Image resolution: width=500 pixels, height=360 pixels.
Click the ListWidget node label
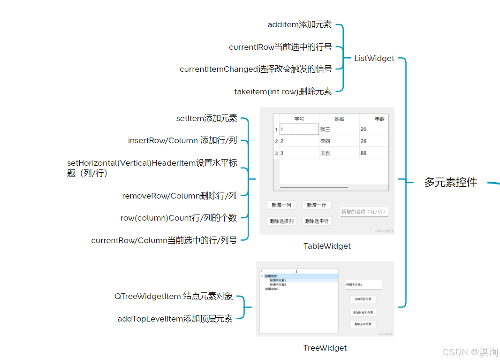tap(374, 58)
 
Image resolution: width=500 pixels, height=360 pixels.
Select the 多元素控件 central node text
tap(450, 183)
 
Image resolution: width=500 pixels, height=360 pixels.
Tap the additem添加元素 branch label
tap(299, 24)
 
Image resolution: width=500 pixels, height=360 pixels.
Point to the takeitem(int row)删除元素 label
tap(283, 92)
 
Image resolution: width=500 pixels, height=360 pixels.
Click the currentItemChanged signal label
tap(256, 69)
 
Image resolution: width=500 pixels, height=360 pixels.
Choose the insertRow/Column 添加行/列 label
tap(182, 140)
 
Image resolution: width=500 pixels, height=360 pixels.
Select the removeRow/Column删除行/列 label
tap(179, 196)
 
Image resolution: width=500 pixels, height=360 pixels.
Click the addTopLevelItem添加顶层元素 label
tap(175, 319)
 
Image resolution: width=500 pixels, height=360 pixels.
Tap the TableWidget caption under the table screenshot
tap(327, 246)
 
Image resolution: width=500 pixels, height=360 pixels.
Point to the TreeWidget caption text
tap(325, 348)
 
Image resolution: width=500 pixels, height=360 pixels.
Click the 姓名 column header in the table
tap(339, 119)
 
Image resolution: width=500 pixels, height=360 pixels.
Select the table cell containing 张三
tap(339, 130)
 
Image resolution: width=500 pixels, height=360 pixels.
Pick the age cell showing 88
tap(373, 153)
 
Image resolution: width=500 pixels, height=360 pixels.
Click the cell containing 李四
tap(339, 141)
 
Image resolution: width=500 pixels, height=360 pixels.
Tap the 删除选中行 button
tap(317, 221)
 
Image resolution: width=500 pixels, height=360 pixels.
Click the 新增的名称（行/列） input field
tap(364, 212)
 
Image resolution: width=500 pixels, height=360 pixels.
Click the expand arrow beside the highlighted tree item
tap(262, 276)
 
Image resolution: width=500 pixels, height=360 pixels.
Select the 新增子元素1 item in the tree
tap(278, 280)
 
